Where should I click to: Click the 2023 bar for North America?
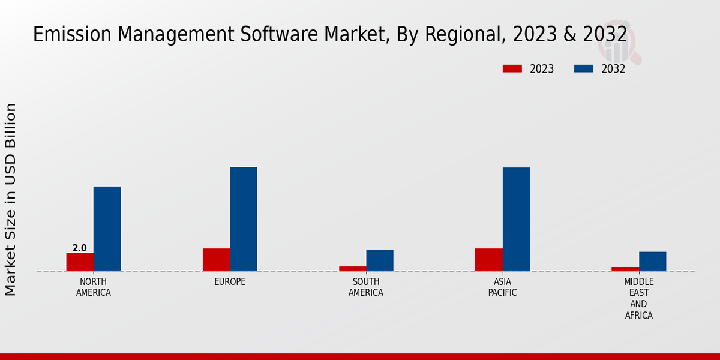point(80,262)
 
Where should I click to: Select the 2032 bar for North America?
point(107,229)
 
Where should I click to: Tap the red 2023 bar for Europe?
point(216,259)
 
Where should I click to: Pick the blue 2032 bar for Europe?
point(243,218)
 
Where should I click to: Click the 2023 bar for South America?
point(352,268)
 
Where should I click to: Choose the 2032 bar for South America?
point(380,260)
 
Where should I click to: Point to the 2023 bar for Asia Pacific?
point(488,259)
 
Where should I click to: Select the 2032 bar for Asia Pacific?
point(516,219)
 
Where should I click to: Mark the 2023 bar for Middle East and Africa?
point(625,269)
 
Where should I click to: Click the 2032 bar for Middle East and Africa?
point(652,261)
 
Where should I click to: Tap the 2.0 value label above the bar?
point(79,248)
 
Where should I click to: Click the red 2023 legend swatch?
point(512,69)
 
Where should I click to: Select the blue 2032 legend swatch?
point(583,69)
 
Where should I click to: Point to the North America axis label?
point(94,287)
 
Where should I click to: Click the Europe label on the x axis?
point(230,282)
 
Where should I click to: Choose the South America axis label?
point(366,287)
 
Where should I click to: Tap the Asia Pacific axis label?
point(502,287)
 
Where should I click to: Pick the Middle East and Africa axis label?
point(639,298)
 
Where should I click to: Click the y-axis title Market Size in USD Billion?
point(11,199)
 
